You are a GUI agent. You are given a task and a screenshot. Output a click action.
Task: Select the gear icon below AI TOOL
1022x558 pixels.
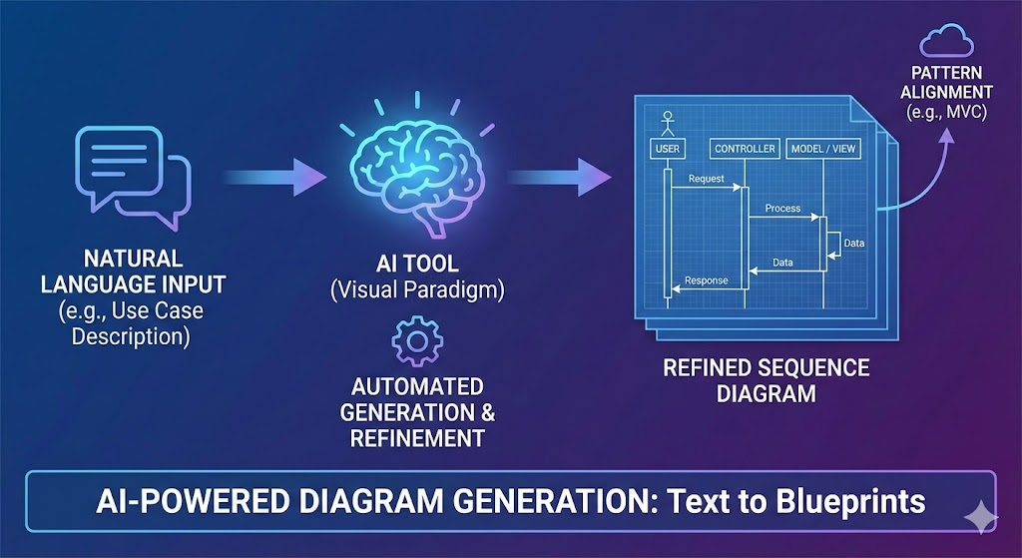[x=417, y=342]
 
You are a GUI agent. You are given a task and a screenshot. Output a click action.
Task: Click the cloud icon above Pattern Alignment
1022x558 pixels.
[x=946, y=43]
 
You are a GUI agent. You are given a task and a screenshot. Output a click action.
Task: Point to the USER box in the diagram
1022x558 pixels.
[x=668, y=150]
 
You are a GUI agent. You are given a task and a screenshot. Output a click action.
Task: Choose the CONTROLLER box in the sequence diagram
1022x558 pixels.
[x=745, y=150]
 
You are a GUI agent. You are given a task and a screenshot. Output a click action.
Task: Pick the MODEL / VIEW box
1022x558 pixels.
[x=823, y=150]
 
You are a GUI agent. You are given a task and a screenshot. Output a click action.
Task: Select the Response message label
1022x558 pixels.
[x=706, y=280]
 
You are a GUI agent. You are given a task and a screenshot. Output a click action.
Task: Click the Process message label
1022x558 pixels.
[x=783, y=209]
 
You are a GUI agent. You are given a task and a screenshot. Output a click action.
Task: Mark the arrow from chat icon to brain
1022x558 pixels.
[x=274, y=179]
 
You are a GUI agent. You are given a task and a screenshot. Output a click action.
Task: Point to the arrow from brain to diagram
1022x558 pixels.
[x=559, y=179]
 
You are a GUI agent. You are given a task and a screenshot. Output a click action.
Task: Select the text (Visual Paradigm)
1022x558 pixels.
[x=417, y=290]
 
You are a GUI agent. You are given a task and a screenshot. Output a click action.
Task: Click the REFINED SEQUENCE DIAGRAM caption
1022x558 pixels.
[x=766, y=380]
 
